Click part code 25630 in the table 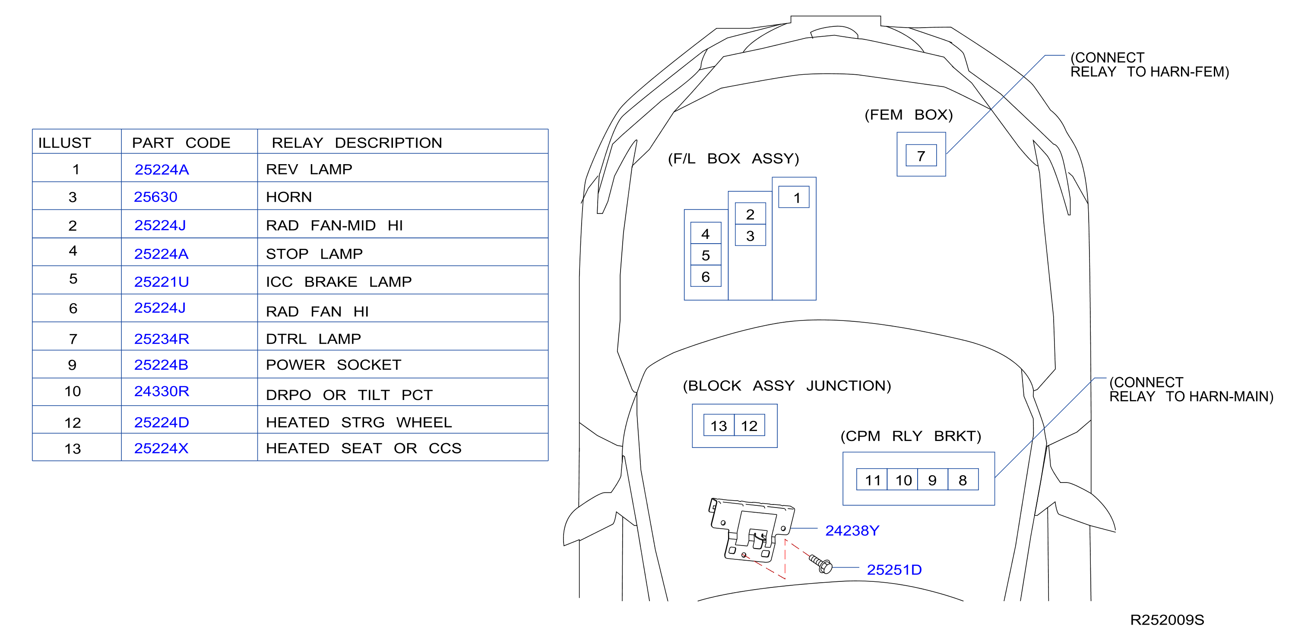point(155,197)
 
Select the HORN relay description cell point(289,197)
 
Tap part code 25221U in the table point(161,282)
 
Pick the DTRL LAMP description point(313,339)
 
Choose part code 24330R point(161,391)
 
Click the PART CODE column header point(181,143)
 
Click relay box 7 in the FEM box point(921,155)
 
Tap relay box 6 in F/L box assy point(706,276)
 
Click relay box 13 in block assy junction point(719,425)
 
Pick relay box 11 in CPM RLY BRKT point(872,480)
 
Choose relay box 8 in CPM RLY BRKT point(963,480)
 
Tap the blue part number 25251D point(894,570)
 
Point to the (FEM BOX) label point(908,115)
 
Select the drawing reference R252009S point(1167,620)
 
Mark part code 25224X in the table point(161,448)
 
